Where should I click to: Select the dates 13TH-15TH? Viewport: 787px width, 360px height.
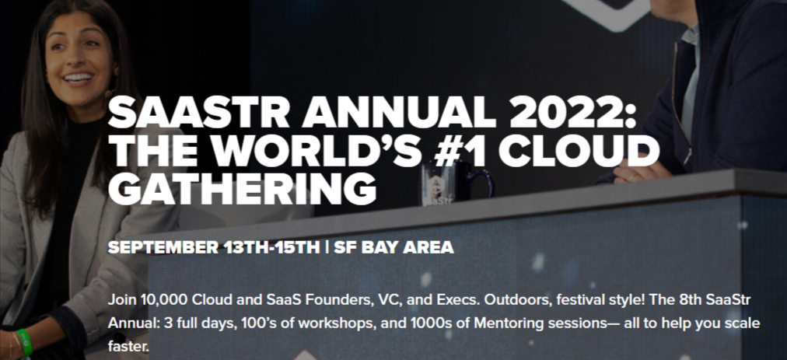click(272, 248)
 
